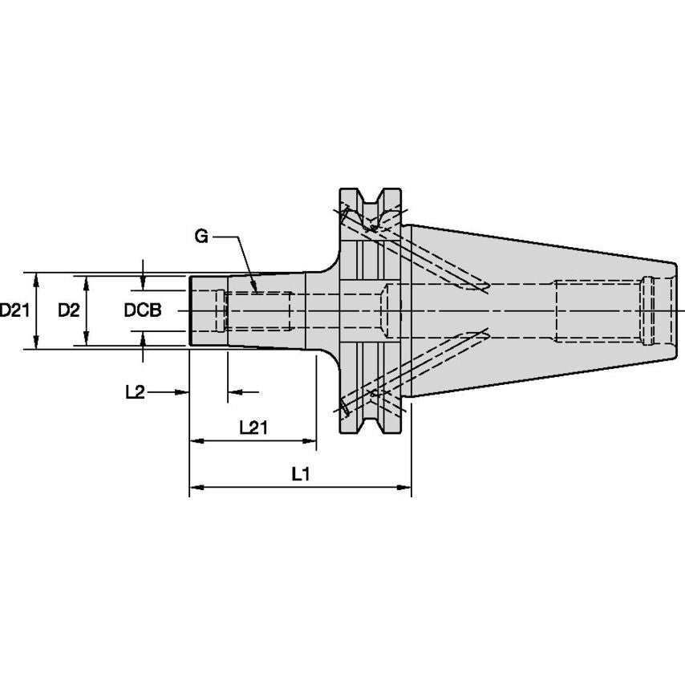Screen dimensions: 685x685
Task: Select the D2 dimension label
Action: [68, 310]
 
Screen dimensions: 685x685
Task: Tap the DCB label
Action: [143, 310]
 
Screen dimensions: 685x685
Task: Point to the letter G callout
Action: [201, 237]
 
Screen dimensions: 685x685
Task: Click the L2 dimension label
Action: [135, 391]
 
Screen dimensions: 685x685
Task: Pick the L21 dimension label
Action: [253, 428]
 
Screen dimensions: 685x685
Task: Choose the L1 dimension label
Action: [300, 475]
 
